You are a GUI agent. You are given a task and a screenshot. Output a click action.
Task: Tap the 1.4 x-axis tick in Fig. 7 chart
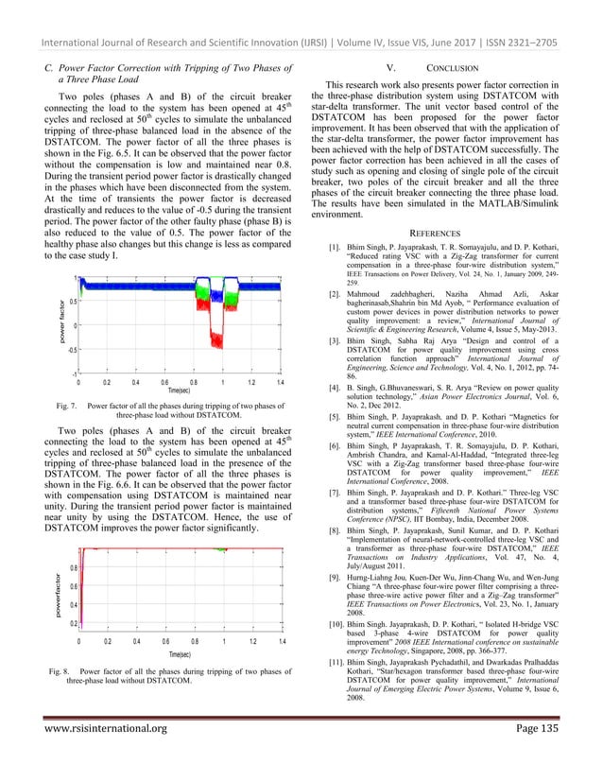click(281, 383)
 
